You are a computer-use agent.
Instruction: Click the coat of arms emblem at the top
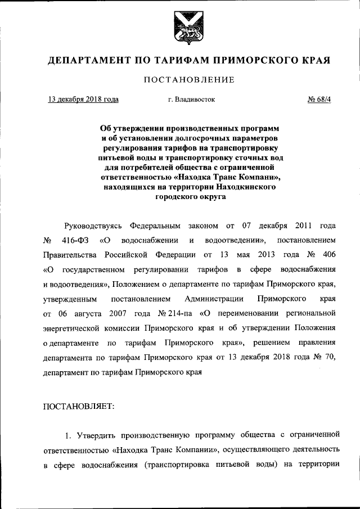click(x=179, y=28)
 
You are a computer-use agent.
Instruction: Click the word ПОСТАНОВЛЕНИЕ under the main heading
click(x=180, y=79)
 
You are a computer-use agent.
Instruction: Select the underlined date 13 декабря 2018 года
click(x=83, y=100)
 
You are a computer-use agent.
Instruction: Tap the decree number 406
click(x=329, y=254)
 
